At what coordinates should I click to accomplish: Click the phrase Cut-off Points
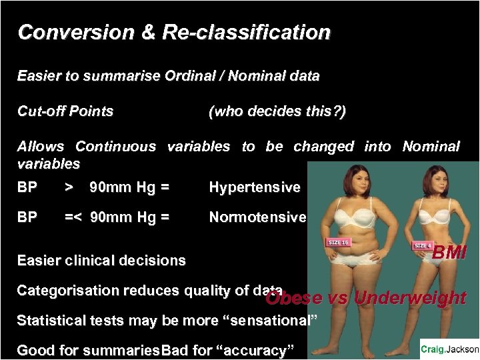coord(65,111)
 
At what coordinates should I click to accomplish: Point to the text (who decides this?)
coord(277,111)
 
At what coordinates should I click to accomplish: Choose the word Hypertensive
coord(255,187)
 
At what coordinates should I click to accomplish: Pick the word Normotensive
coord(257,217)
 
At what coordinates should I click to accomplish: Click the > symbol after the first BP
coord(69,187)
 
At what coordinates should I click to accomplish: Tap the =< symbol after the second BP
coord(73,217)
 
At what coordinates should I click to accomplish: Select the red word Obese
coord(294,298)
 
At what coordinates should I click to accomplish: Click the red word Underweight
coord(409,298)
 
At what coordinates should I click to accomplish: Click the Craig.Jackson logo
coord(449,349)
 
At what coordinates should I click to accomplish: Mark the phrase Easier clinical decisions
coord(101,261)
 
